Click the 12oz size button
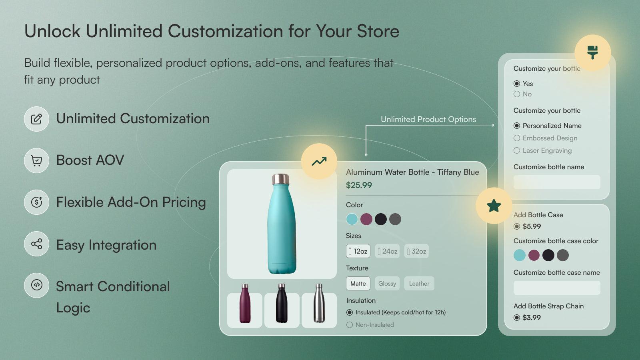pos(358,251)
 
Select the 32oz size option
pos(416,251)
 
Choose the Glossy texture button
pos(387,284)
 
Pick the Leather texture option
pos(419,284)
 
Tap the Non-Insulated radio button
pos(350,325)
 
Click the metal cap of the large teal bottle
pos(281,179)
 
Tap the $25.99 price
pos(359,185)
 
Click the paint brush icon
pos(592,52)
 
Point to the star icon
pos(494,206)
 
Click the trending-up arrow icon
pos(319,161)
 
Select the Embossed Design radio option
pos(517,138)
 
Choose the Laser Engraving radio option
pos(517,150)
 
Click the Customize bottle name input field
pos(557,182)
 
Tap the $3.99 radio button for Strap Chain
pos(517,318)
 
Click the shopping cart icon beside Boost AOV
pos(36,160)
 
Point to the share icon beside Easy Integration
pos(36,244)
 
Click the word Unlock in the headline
pos(52,31)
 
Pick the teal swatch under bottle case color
pos(519,255)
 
